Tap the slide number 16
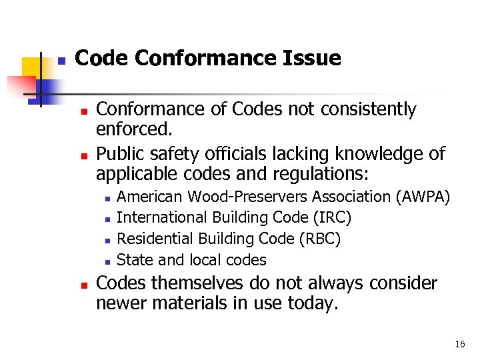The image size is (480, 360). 459,344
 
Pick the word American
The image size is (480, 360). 150,197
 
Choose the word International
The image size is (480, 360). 162,217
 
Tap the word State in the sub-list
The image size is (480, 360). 135,260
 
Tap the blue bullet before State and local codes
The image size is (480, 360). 107,261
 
